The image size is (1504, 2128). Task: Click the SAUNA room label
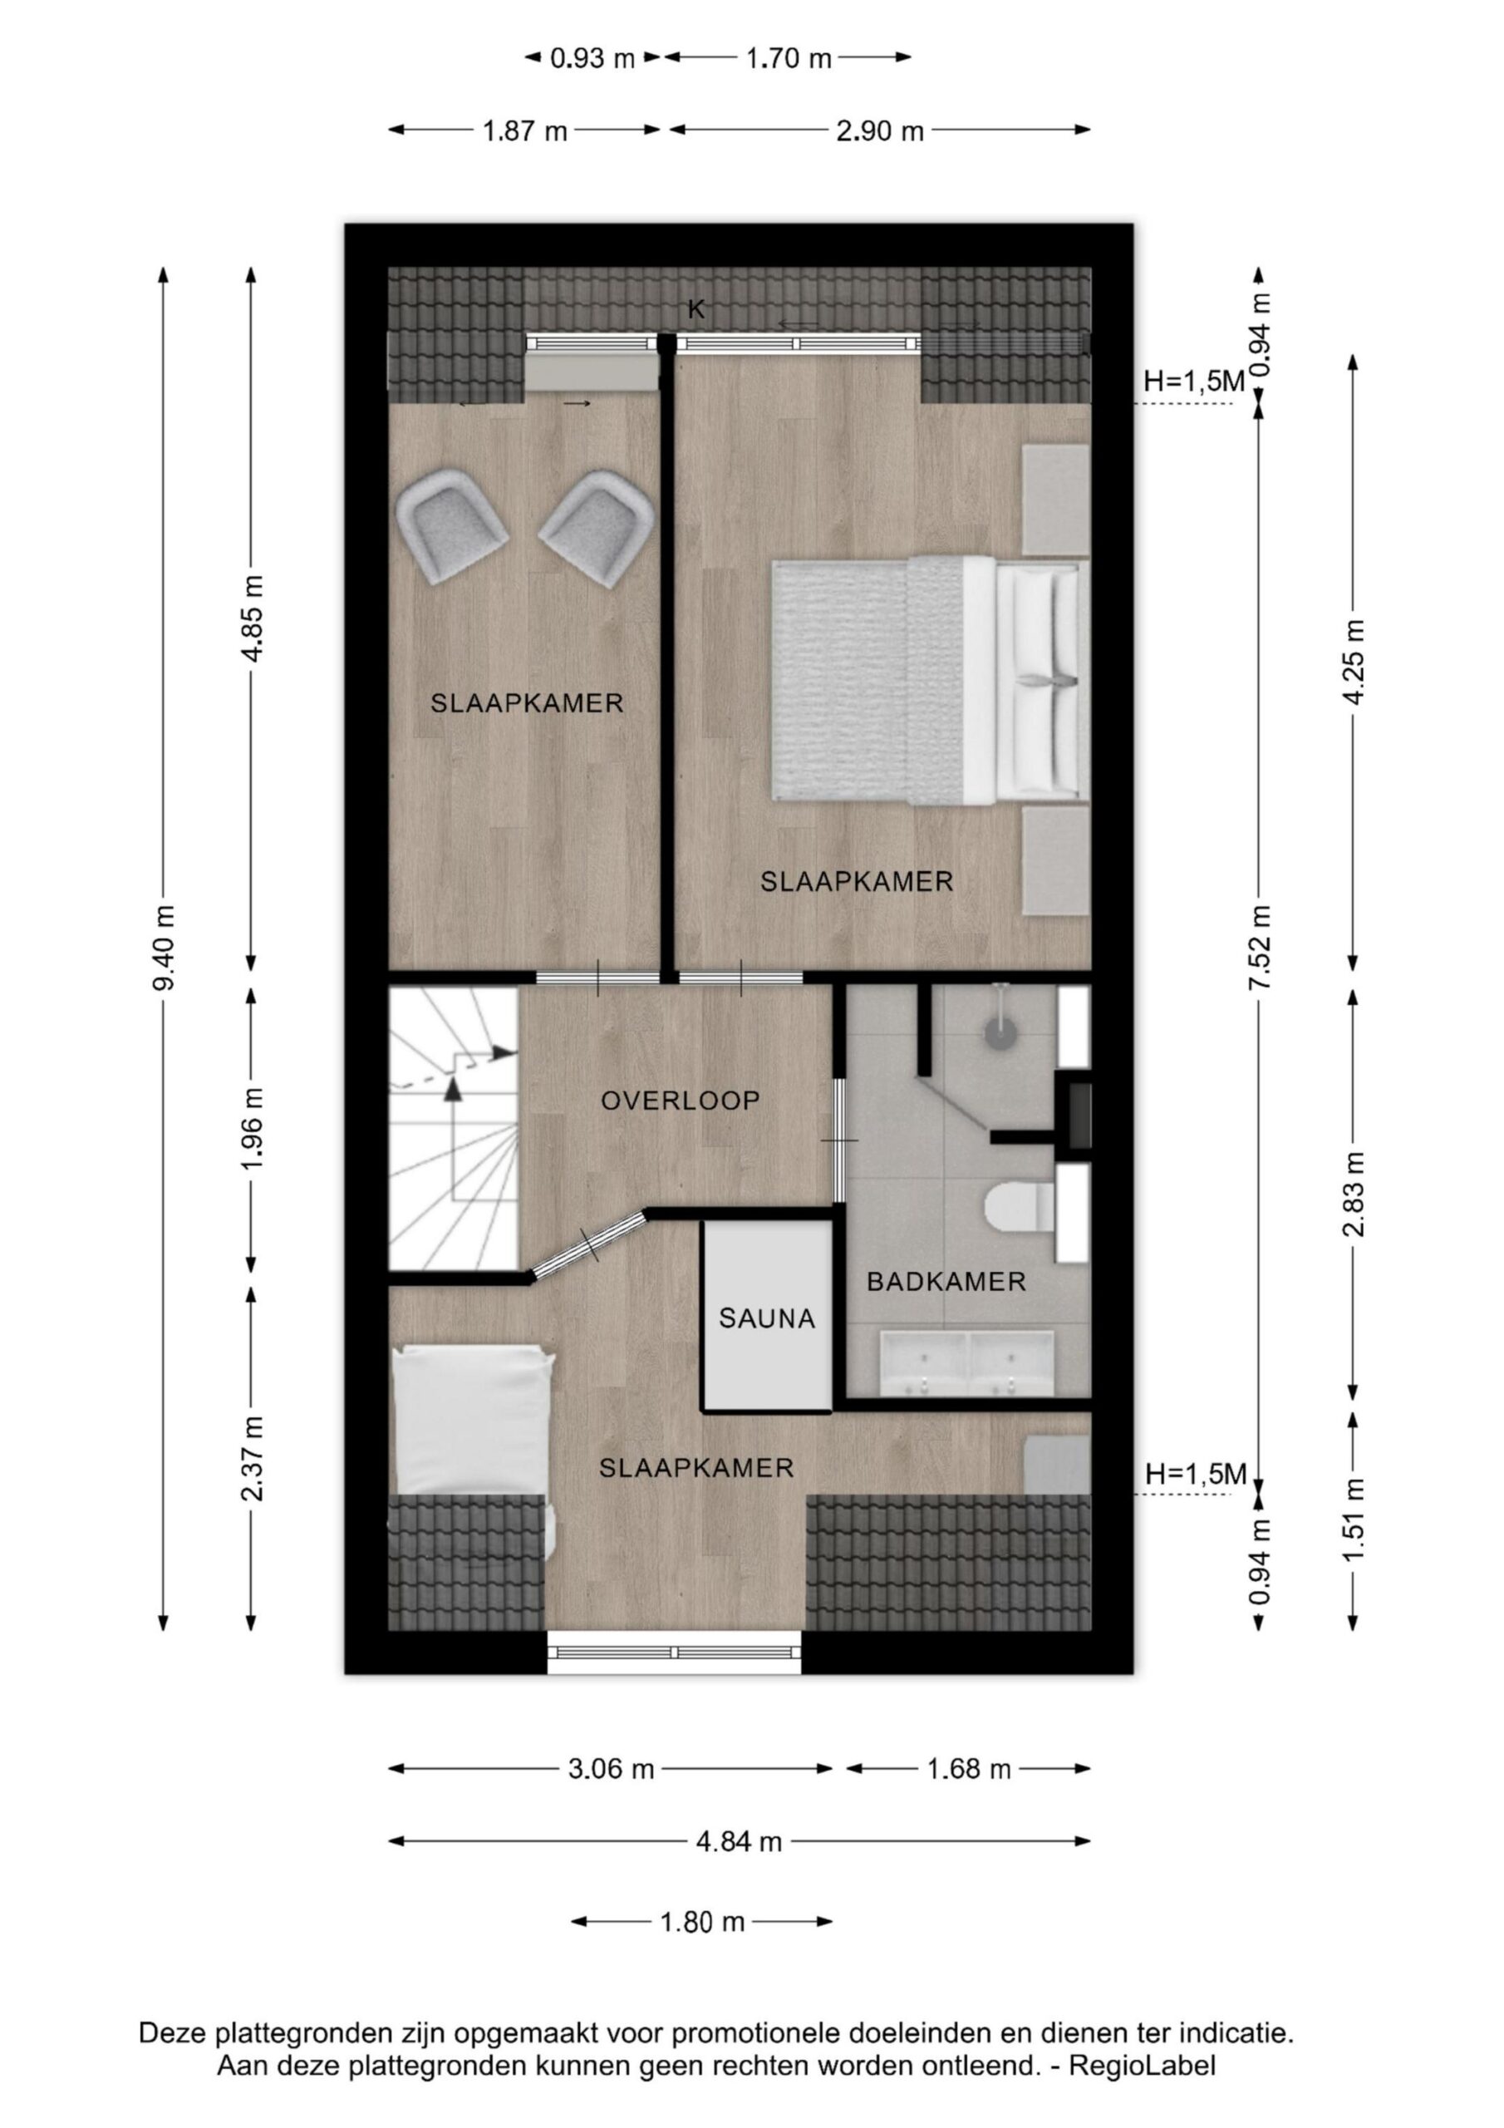pos(766,1318)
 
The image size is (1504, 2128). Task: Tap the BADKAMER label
pos(946,1282)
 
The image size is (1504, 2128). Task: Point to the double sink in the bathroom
pos(967,1363)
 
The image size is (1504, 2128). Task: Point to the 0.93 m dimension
pos(592,58)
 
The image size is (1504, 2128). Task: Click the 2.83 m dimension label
pos(1354,1193)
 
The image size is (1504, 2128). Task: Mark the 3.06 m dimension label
pos(611,1770)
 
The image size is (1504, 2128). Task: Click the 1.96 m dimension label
pos(252,1128)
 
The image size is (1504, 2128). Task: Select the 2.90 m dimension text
pos(879,131)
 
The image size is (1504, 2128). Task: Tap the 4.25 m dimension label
pos(1354,662)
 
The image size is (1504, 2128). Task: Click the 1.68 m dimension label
pos(968,1770)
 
